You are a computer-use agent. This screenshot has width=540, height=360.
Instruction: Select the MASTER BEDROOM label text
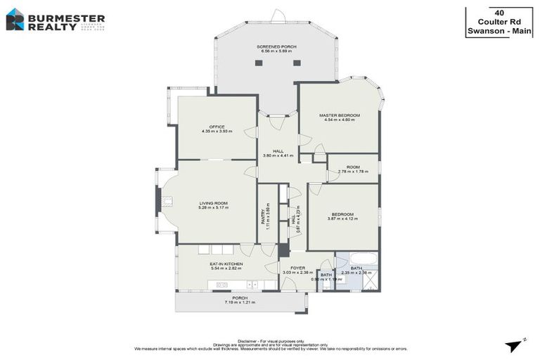tap(339, 115)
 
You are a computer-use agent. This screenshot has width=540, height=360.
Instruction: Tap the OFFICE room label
tap(217, 127)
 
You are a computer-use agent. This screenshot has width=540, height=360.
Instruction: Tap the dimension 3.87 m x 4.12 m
tap(342, 219)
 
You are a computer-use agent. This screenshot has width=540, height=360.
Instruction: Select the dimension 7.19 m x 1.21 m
tap(239, 302)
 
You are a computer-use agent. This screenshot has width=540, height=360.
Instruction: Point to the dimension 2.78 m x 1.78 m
tap(353, 172)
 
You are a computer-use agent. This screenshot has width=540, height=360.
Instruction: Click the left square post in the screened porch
tap(258, 63)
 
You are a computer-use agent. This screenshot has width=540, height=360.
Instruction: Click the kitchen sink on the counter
tap(222, 285)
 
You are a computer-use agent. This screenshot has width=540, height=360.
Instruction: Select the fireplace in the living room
tap(167, 201)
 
